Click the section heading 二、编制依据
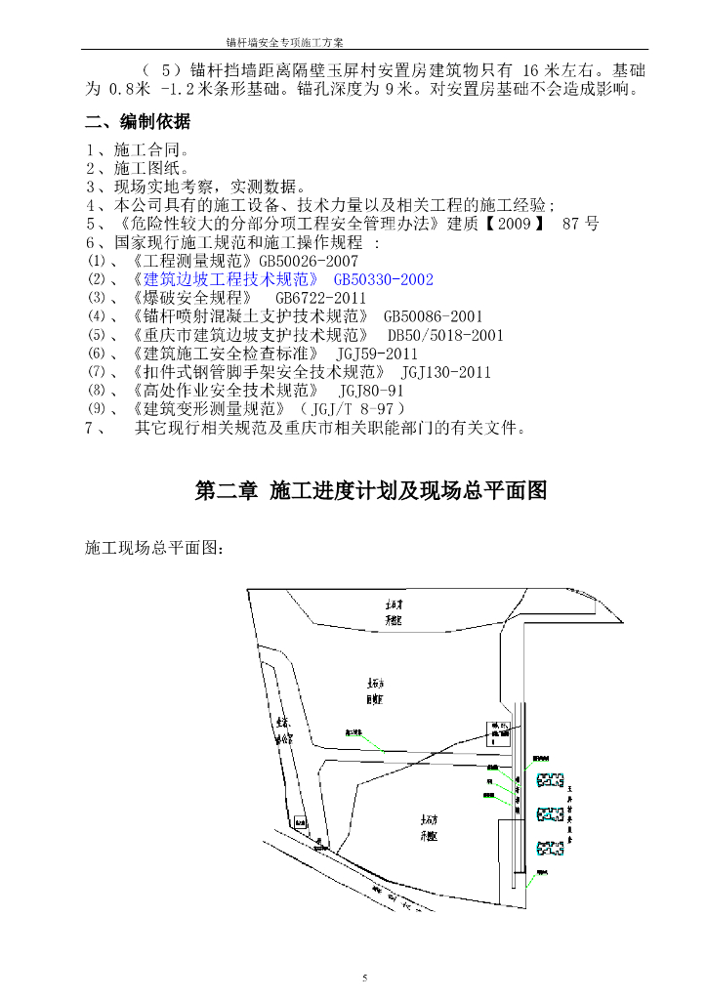click(x=138, y=122)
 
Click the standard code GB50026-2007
click(x=309, y=262)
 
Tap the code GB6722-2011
click(x=320, y=298)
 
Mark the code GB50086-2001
click(x=434, y=316)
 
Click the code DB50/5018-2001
click(x=446, y=335)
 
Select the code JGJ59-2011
click(x=377, y=354)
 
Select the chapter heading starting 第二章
click(x=370, y=491)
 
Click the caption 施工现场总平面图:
click(x=154, y=550)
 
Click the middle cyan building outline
click(x=551, y=813)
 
